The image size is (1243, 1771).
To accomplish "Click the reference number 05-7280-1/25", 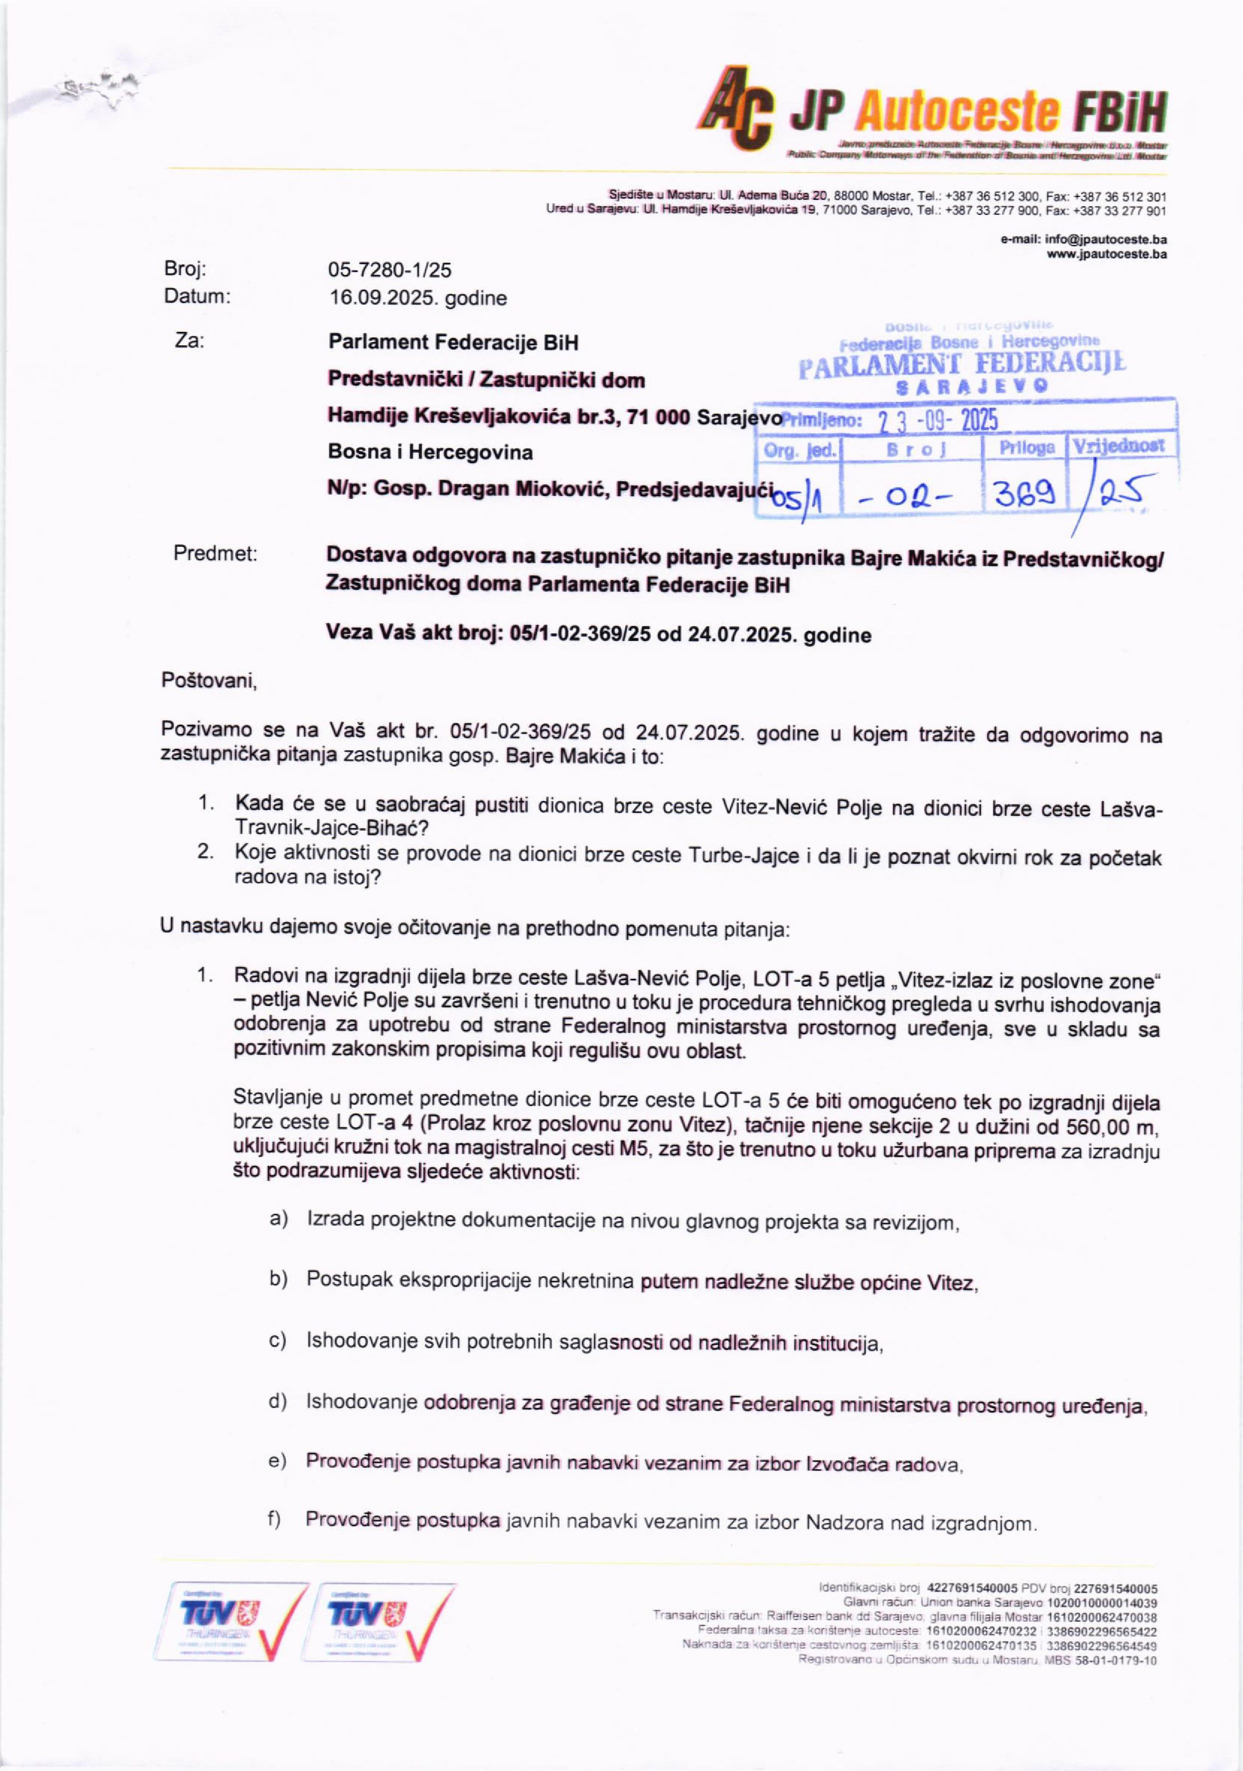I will pyautogui.click(x=390, y=270).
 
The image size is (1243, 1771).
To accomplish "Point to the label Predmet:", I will pyautogui.click(x=215, y=554).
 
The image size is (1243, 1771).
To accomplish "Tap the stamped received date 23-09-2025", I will pyautogui.click(x=938, y=421).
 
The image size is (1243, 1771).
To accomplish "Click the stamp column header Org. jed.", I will pyautogui.click(x=800, y=449).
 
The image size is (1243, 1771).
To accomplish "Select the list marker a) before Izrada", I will pyautogui.click(x=279, y=1219).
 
